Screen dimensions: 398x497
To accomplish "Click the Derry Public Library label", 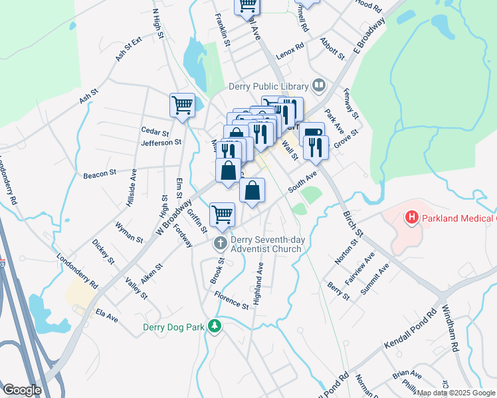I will (x=268, y=86).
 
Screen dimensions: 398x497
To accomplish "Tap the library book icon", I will (x=319, y=86).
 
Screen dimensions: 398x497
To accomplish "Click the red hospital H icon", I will (x=411, y=217).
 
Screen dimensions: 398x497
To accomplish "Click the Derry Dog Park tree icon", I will (x=214, y=326).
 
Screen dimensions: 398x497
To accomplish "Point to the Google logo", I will (x=22, y=390).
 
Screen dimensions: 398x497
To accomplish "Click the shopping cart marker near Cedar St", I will (x=182, y=105).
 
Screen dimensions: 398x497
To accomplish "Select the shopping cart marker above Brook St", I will (x=222, y=214).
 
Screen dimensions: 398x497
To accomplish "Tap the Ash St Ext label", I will (x=129, y=49).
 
